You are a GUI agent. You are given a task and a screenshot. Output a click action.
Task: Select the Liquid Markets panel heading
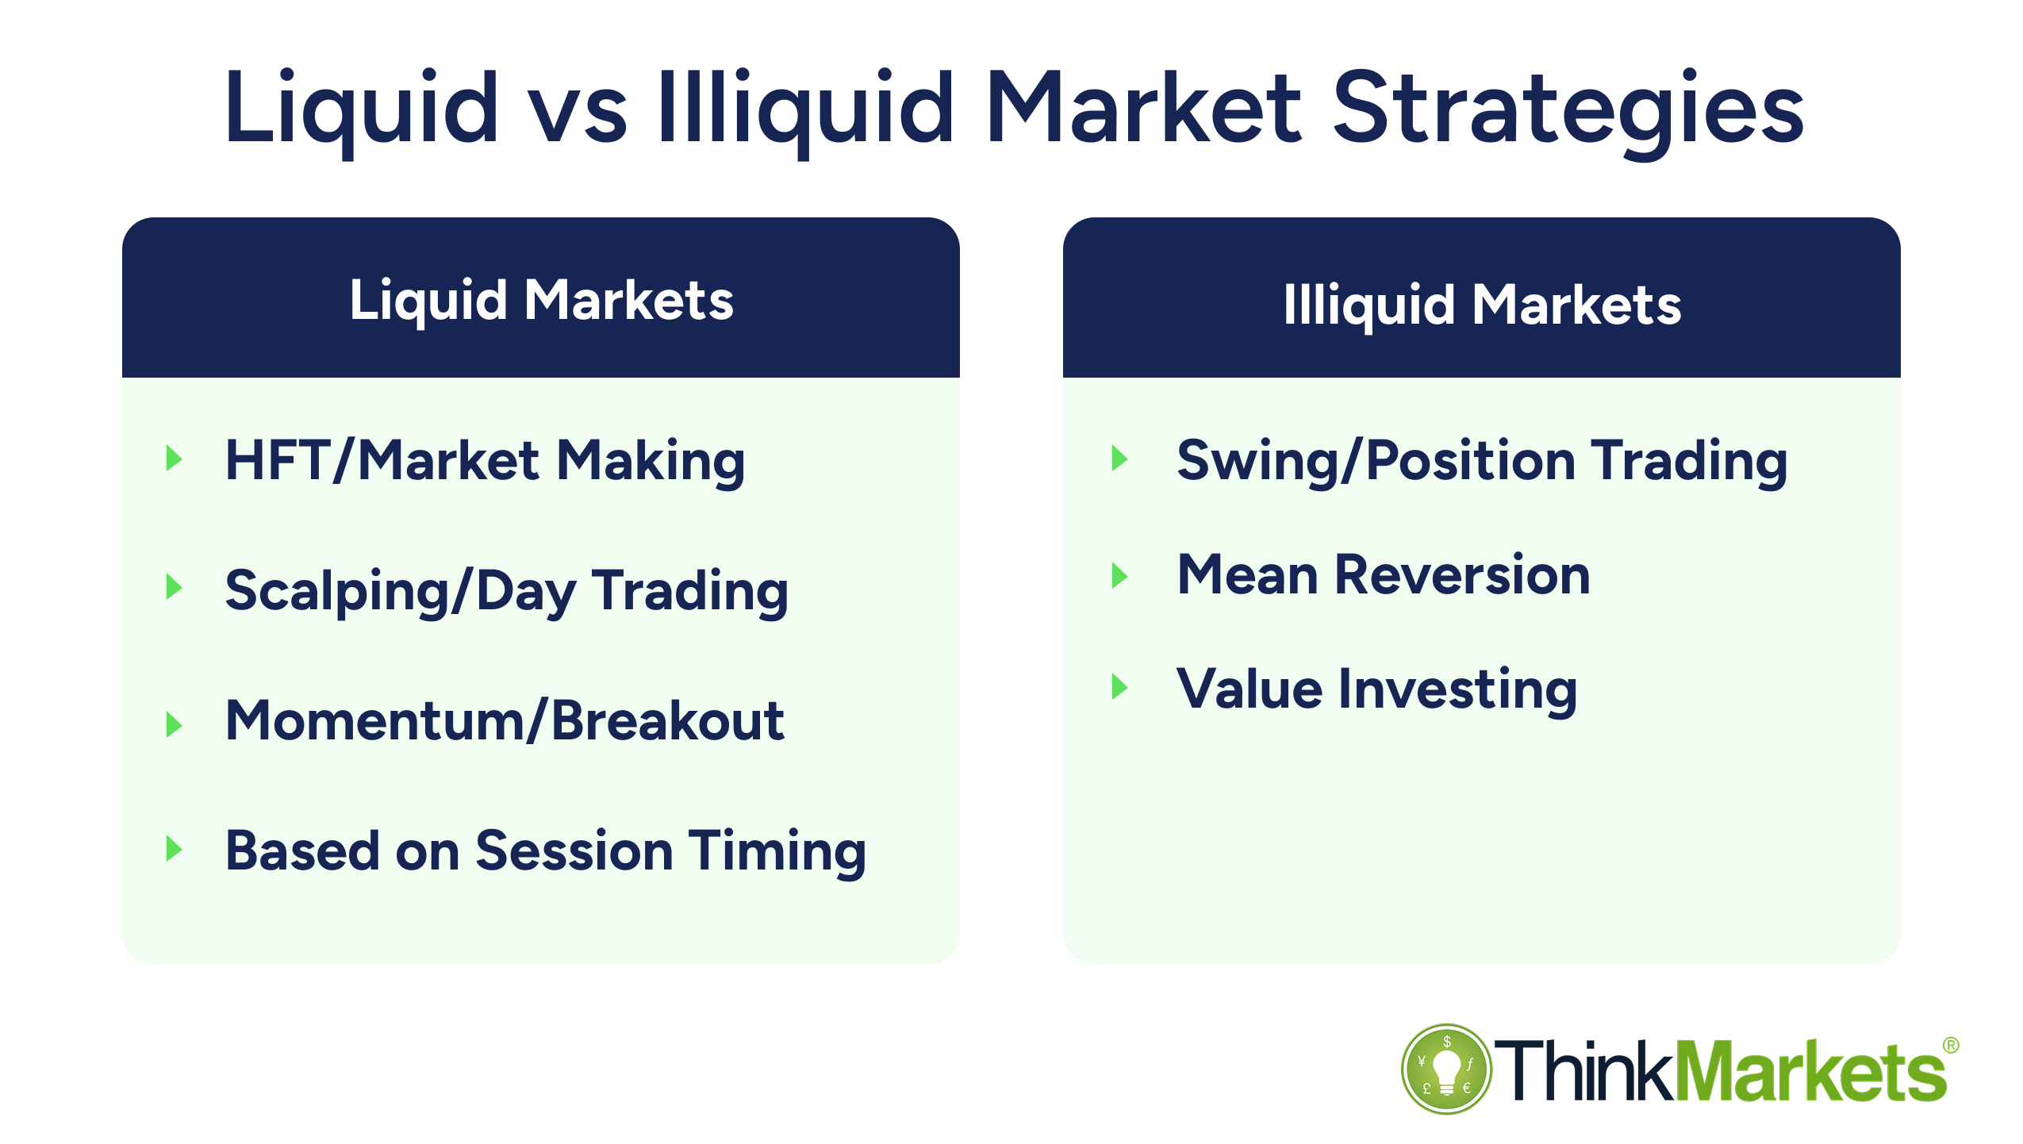pos(541,301)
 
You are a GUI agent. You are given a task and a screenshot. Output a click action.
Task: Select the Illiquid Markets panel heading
pos(1481,305)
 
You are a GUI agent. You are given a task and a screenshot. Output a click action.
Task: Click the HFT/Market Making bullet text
pos(485,461)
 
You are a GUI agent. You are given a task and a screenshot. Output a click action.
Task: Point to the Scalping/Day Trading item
pos(506,591)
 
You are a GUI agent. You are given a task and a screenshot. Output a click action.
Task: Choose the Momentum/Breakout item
pos(505,721)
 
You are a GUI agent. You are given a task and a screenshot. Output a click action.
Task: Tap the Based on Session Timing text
pos(545,851)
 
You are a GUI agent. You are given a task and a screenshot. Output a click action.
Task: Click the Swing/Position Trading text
pos(1481,461)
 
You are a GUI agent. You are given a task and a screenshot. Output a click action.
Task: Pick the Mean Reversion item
pos(1383,575)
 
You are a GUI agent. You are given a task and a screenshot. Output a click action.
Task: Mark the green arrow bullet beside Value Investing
pos(1119,686)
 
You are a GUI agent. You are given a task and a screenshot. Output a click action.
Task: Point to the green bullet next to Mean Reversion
pos(1119,574)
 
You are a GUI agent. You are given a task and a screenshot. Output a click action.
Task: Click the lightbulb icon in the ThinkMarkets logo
pos(1445,1069)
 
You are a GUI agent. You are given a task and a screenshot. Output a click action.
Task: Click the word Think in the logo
pos(1583,1072)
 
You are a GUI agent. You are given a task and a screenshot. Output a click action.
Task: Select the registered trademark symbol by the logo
pos(1950,1046)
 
